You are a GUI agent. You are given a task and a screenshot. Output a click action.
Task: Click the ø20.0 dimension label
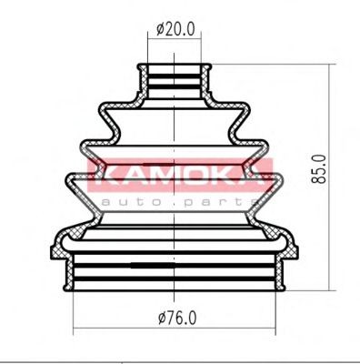pyautogui.click(x=176, y=29)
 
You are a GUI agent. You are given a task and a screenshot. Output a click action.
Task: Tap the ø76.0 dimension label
pyautogui.click(x=177, y=319)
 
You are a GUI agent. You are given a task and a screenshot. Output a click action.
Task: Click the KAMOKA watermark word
pyautogui.click(x=180, y=173)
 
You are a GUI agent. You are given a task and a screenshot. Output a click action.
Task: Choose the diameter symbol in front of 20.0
pyautogui.click(x=160, y=29)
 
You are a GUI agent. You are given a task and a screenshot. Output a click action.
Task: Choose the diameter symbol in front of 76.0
pyautogui.click(x=161, y=319)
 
